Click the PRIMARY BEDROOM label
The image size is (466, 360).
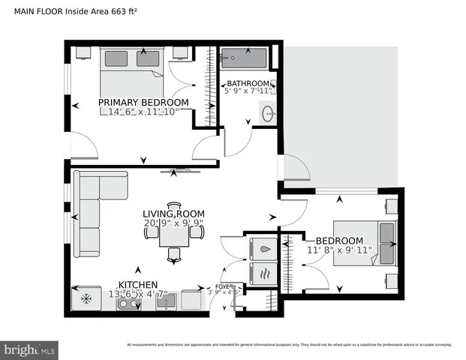pos(143,102)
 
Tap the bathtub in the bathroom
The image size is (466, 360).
pos(244,56)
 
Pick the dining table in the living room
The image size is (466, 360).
pos(174,233)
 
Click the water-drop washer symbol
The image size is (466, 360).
pos(263,246)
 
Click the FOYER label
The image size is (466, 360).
pos(225,286)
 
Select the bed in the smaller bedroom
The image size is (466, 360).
pos(365,242)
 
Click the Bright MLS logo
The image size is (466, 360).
pos(30,349)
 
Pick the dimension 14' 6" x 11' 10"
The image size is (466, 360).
pos(143,112)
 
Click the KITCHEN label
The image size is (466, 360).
pos(137,285)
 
